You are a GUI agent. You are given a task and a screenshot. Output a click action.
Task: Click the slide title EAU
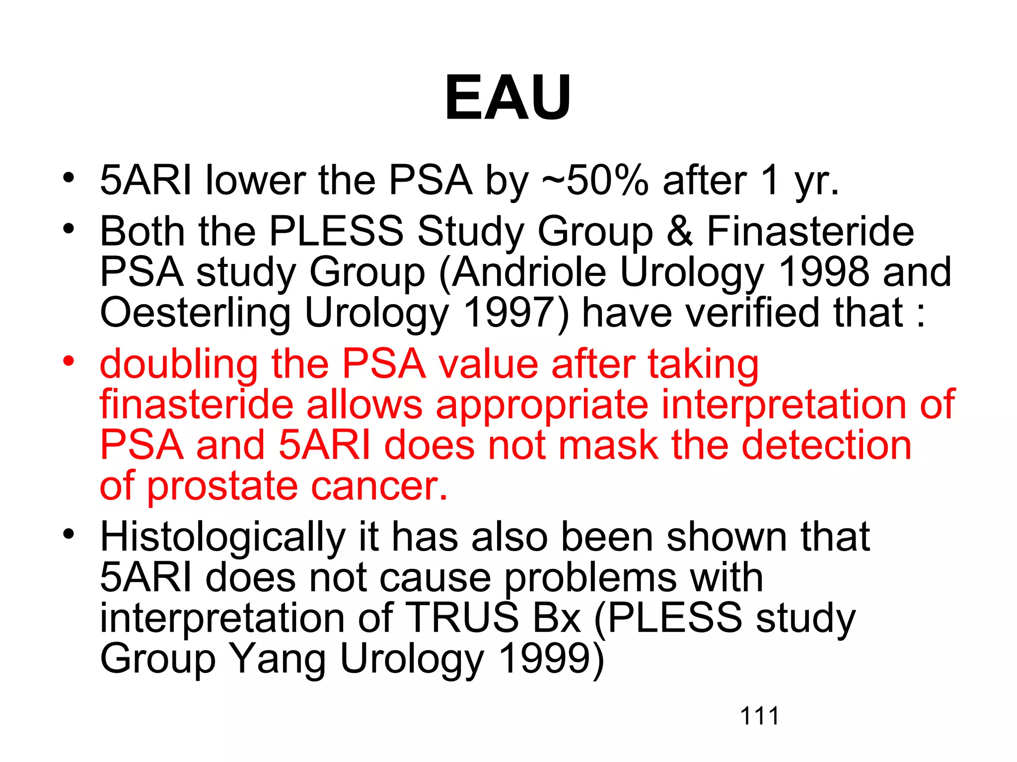coord(508,97)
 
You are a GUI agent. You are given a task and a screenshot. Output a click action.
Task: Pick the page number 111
coord(759,716)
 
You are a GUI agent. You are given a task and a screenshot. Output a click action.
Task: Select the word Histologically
coord(222,538)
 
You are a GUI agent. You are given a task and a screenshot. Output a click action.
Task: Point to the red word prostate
coord(221,487)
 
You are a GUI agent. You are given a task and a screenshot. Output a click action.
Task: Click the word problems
coord(633,578)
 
